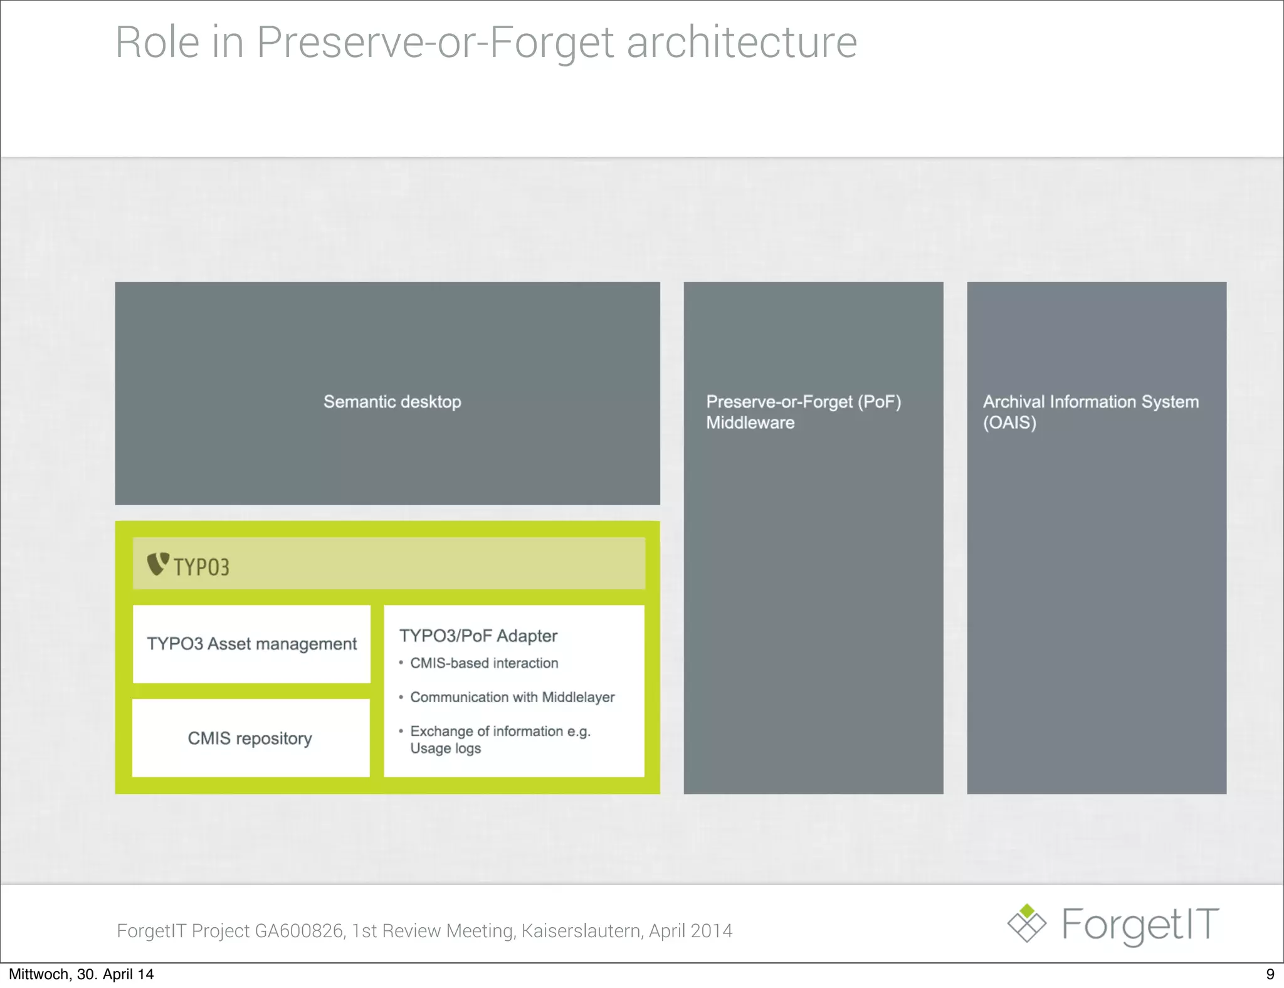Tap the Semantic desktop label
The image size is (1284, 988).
point(392,402)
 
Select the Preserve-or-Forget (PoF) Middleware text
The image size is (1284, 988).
point(803,412)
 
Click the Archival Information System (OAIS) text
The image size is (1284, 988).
point(1090,412)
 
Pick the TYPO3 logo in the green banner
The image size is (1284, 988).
point(188,565)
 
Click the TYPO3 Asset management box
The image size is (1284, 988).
point(251,644)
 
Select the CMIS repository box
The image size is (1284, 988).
point(250,738)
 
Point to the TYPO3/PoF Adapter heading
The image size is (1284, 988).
point(478,636)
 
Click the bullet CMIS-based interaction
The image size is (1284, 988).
point(483,663)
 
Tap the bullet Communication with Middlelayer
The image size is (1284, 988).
point(512,697)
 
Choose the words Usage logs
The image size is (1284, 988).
point(445,749)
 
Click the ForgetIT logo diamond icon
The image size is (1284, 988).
point(1026,923)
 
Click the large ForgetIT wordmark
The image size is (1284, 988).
point(1140,925)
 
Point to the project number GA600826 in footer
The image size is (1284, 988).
point(299,931)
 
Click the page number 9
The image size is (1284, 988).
point(1270,974)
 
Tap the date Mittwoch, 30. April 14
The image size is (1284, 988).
point(81,974)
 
